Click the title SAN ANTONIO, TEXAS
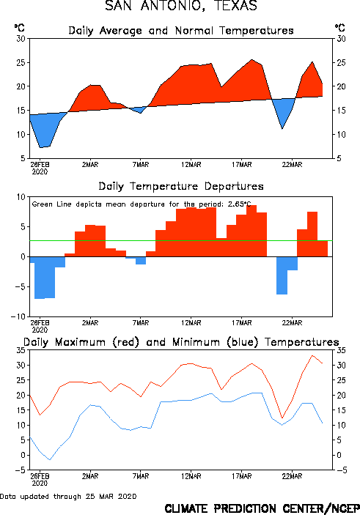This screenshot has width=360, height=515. [181, 6]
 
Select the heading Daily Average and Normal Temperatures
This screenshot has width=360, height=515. [181, 31]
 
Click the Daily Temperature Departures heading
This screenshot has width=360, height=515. [181, 186]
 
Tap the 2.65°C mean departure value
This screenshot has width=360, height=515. [240, 204]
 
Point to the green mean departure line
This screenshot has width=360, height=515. [181, 241]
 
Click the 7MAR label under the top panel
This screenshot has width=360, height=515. [141, 165]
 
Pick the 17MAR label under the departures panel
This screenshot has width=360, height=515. [242, 323]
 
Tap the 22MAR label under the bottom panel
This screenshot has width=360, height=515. [292, 476]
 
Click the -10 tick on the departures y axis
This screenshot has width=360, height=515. [18, 316]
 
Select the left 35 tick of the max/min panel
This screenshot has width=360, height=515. [21, 350]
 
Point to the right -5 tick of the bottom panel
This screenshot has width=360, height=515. [341, 470]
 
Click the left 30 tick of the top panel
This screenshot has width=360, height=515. [21, 39]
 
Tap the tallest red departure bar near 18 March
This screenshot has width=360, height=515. [251, 231]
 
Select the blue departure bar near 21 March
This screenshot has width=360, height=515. [282, 275]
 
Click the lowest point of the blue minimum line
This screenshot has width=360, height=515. [50, 460]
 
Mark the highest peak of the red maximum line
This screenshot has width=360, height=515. [312, 355]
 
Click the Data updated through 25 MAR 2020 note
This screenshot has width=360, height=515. [68, 496]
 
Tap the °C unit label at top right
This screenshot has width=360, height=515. [340, 28]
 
